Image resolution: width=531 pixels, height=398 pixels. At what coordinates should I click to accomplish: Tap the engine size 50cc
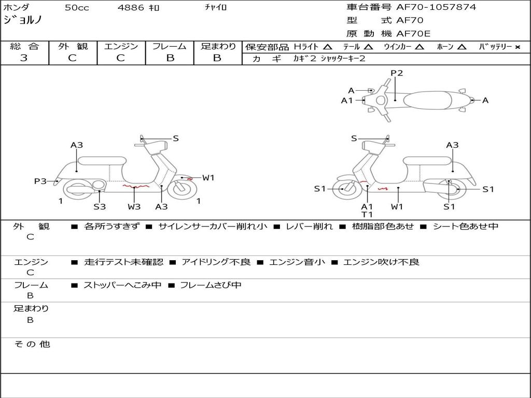point(76,8)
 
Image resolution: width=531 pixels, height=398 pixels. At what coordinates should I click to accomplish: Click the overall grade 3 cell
point(24,58)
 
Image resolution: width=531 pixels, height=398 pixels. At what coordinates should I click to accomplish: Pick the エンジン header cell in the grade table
point(121,47)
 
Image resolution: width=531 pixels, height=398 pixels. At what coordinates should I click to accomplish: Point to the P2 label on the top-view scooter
point(397,73)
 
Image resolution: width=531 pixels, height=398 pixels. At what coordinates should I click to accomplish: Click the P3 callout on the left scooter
point(40,181)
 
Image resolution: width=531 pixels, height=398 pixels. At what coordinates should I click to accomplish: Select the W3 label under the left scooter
point(134,207)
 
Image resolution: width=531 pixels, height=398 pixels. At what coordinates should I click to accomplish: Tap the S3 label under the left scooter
point(100,207)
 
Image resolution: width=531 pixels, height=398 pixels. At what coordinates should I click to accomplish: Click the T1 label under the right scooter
point(367,214)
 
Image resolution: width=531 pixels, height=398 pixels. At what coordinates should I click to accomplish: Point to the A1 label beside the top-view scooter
point(347,101)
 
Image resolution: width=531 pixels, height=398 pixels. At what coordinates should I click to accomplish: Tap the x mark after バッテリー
point(517,47)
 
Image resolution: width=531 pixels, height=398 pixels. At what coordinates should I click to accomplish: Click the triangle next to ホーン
point(462,47)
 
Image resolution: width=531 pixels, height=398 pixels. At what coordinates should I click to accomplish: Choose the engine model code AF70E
point(413,34)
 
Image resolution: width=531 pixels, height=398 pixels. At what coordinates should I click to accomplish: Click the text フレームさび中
point(211,285)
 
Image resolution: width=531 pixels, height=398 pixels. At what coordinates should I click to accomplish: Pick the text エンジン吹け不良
point(381,262)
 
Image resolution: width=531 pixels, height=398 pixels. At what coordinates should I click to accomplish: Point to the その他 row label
point(31,344)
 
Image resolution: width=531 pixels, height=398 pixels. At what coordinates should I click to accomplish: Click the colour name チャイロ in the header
point(216,8)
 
